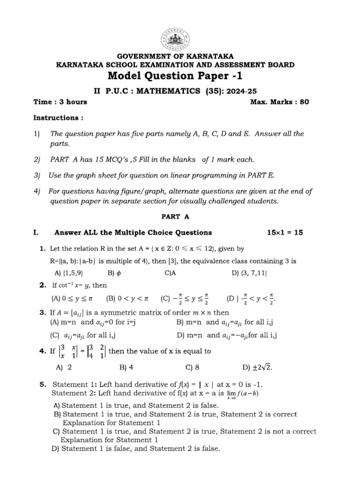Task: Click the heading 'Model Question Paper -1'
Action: click(x=176, y=76)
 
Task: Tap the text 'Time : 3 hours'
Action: click(x=60, y=102)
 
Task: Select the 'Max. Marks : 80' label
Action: click(x=280, y=102)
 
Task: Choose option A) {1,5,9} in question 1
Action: click(x=69, y=273)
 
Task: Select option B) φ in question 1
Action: click(x=114, y=273)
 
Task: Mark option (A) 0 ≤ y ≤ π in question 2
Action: click(x=74, y=298)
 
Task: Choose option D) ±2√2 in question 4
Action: click(x=257, y=368)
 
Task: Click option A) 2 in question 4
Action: click(x=63, y=368)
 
